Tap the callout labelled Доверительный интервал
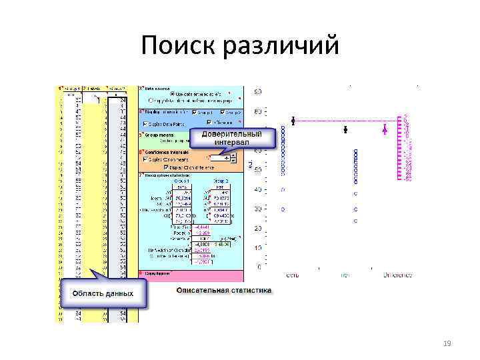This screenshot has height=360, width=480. click(x=232, y=139)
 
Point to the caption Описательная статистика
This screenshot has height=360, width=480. click(x=224, y=291)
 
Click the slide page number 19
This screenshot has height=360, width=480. click(x=447, y=343)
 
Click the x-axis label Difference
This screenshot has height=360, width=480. click(x=397, y=274)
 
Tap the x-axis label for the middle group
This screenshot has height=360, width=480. click(x=345, y=274)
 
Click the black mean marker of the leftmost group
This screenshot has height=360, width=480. click(x=293, y=121)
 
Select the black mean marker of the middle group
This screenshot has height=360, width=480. click(x=345, y=129)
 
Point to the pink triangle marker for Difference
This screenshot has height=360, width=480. click(x=385, y=129)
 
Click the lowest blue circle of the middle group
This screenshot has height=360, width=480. click(x=355, y=220)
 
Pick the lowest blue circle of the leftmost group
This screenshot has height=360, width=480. click(x=282, y=209)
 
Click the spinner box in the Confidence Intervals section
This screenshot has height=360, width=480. click(x=221, y=159)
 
